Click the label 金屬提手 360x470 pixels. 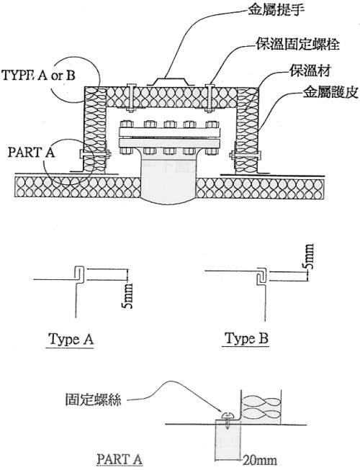pos(276,11)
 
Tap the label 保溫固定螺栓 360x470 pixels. pos(297,44)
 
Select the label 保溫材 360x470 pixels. pos(310,71)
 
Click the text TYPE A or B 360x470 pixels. pos(38,76)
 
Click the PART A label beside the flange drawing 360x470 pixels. pos(32,153)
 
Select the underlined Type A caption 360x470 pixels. pos(71,339)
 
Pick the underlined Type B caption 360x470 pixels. pos(246,339)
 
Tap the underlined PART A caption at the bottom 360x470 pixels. pos(120,459)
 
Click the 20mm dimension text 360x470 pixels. pos(260,460)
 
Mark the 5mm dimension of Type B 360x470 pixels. pos(309,256)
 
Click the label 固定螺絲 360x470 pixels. pos(93,399)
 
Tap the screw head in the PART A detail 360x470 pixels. pos(228,415)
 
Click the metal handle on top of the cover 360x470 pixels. pos(170,81)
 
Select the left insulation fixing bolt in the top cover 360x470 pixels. pos(132,98)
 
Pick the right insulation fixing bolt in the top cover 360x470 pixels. pos(210,98)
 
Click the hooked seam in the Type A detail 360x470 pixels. pos(78,274)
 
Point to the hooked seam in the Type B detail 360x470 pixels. pos(261,274)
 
